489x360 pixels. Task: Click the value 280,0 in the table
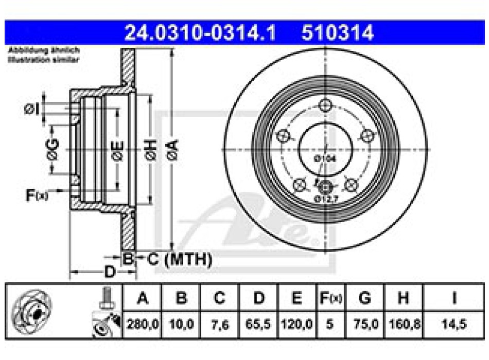(142, 325)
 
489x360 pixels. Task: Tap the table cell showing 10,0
(181, 325)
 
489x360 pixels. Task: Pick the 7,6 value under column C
(219, 325)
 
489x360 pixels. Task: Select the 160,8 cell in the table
(404, 325)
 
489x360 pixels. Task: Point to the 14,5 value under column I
(453, 325)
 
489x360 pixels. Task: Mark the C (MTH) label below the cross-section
(180, 260)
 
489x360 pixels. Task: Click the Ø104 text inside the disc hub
(325, 159)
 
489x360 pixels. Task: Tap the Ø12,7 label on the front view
(325, 199)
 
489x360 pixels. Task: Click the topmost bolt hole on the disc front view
(325, 105)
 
